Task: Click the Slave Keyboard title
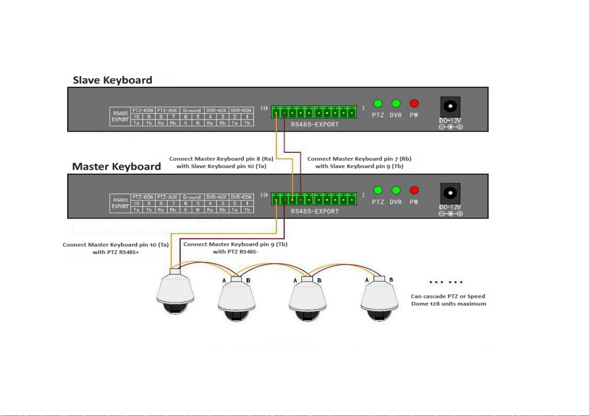(112, 80)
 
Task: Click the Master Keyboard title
(116, 166)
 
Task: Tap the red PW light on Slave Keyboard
(414, 103)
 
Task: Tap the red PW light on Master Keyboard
(414, 190)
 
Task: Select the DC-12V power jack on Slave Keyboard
(450, 106)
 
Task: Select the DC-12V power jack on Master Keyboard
(450, 193)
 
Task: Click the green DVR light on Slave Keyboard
(396, 103)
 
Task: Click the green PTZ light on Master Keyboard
(378, 190)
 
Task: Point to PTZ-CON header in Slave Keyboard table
(143, 110)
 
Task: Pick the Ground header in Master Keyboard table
(192, 197)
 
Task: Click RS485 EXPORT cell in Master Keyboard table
(120, 203)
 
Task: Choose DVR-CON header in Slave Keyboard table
(241, 110)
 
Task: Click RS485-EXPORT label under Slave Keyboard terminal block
(315, 125)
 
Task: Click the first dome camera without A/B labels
(175, 293)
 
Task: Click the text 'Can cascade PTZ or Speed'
(448, 296)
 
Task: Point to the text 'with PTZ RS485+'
(116, 252)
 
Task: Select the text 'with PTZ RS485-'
(235, 252)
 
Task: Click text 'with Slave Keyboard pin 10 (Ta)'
(221, 166)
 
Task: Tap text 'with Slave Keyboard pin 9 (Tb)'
(359, 166)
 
